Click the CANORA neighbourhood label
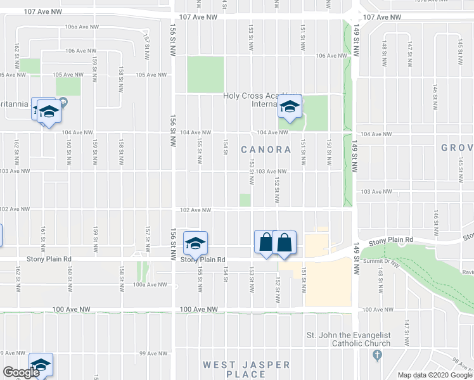point(266,150)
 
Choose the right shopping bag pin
point(284,243)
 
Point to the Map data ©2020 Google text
point(434,375)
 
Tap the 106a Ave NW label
point(82,27)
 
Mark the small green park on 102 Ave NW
point(245,200)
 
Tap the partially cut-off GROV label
point(457,148)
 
